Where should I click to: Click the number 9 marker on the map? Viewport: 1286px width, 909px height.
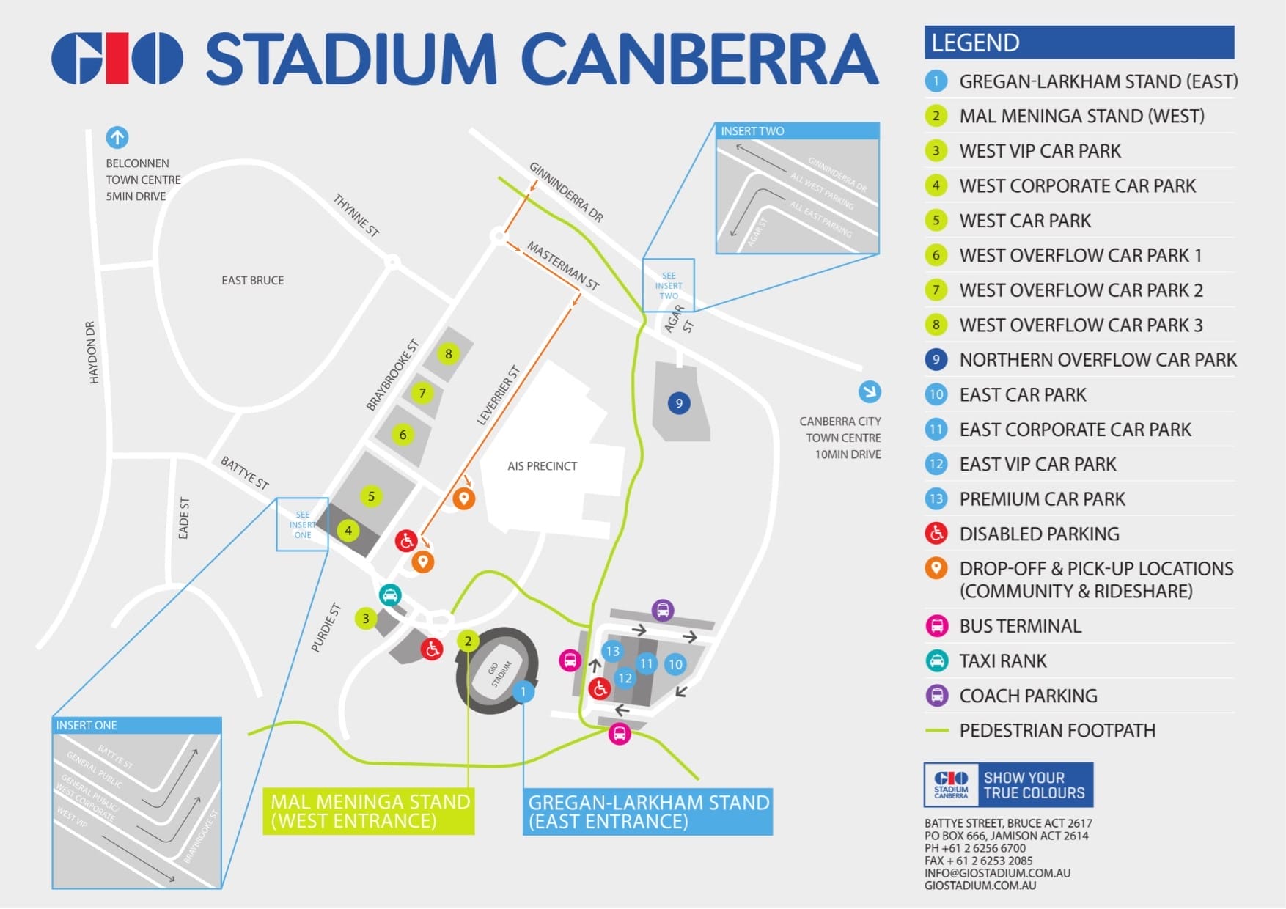pyautogui.click(x=679, y=403)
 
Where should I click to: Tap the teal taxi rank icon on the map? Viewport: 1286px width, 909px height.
pyautogui.click(x=390, y=595)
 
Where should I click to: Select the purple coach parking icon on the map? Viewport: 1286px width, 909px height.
pyautogui.click(x=663, y=610)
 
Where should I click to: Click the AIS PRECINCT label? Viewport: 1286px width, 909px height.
pyautogui.click(x=542, y=466)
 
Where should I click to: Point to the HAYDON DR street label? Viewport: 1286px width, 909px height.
pyautogui.click(x=92, y=353)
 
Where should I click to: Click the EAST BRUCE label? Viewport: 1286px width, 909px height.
pyautogui.click(x=252, y=281)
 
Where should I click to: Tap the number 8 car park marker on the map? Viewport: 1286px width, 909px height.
pyautogui.click(x=448, y=354)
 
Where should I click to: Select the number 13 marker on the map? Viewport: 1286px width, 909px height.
pyautogui.click(x=612, y=651)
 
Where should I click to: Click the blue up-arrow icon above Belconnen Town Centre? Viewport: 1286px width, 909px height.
pyautogui.click(x=117, y=137)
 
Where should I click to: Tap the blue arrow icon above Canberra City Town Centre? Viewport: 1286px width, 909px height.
pyautogui.click(x=870, y=391)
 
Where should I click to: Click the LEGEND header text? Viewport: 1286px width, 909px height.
pyautogui.click(x=975, y=43)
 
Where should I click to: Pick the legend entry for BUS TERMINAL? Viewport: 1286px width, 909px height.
pyautogui.click(x=1020, y=626)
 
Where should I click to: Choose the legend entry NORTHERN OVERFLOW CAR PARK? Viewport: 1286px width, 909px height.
pyautogui.click(x=1097, y=360)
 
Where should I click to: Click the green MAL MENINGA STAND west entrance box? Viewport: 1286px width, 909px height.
pyautogui.click(x=369, y=812)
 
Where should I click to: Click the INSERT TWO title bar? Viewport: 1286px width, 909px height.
pyautogui.click(x=796, y=131)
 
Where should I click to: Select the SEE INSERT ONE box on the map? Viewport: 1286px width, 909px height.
pyautogui.click(x=302, y=525)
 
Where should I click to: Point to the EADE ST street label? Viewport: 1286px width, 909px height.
pyautogui.click(x=184, y=518)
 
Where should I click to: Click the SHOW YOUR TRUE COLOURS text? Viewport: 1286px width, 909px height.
pyautogui.click(x=1034, y=785)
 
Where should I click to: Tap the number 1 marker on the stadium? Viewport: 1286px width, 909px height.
pyautogui.click(x=523, y=691)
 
